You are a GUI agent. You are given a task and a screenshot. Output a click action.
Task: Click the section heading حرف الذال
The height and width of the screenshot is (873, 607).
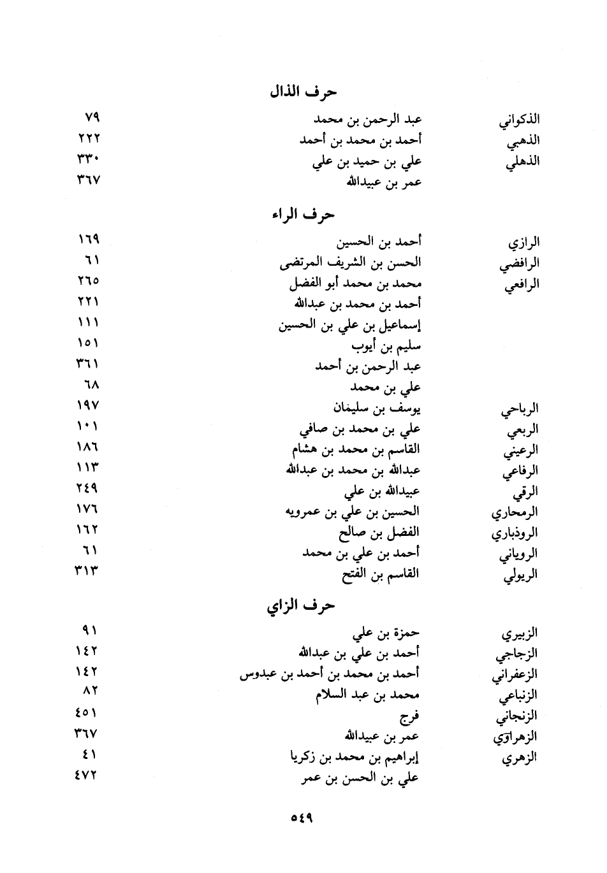pos(302,92)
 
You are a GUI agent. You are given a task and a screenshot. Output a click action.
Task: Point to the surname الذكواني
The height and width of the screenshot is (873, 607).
pos(519,120)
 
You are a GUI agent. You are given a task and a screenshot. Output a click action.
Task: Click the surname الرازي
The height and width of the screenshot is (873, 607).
pos(523,243)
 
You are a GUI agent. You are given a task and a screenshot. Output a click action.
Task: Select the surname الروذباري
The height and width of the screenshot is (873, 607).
pos(515,533)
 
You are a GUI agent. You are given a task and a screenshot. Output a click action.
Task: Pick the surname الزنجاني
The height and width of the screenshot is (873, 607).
pos(516,716)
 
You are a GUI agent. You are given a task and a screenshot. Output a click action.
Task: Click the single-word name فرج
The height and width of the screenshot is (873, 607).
pos(409,716)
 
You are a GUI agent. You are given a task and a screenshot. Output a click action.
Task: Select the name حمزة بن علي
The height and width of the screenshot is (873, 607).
pos(387,633)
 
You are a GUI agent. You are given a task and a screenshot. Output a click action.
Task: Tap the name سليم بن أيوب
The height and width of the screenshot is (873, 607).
pos(386,345)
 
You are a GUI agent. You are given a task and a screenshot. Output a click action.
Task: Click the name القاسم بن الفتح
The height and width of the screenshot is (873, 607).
pos(381,574)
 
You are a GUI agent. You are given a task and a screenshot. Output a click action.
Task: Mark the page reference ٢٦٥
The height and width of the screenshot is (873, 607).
pos(89,281)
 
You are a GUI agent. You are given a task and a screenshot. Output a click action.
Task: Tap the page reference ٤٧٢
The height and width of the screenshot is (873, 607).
pos(85,776)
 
